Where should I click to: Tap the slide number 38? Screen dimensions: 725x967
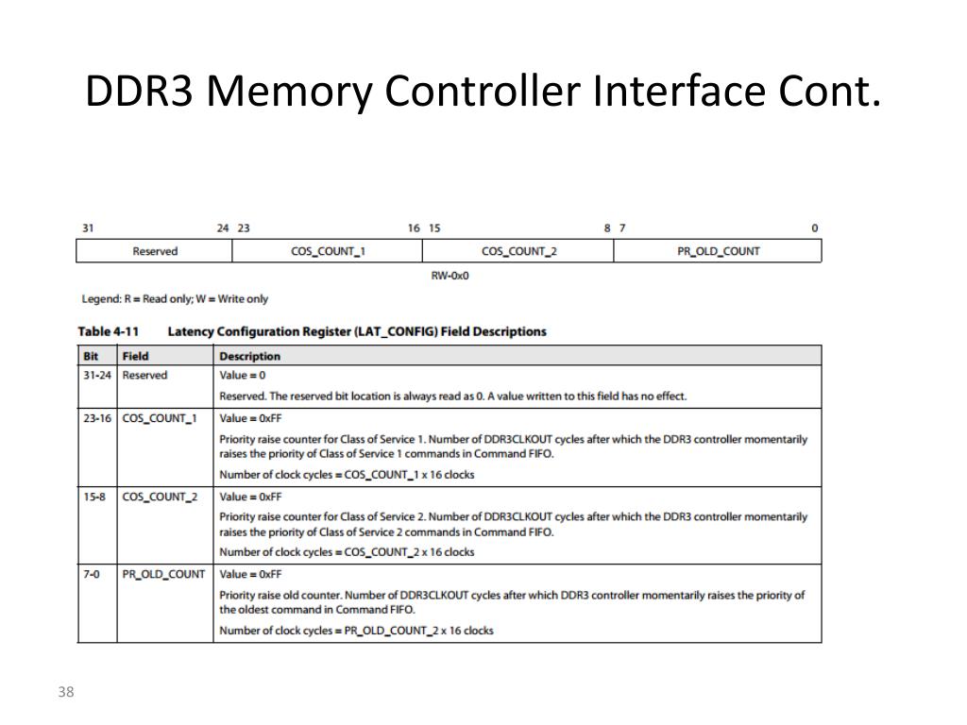pos(65,693)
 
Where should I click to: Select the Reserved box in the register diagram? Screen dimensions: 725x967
pos(155,251)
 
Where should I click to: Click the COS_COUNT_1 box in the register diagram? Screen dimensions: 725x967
pos(328,251)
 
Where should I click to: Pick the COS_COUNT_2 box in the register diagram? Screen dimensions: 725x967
pos(518,251)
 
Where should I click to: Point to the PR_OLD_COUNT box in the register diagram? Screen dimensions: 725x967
pos(718,251)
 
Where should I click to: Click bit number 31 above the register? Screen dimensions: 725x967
pos(88,228)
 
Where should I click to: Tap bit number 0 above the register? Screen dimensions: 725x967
pos(815,228)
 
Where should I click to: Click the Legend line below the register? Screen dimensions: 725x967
pos(175,299)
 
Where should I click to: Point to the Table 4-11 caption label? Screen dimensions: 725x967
pos(108,331)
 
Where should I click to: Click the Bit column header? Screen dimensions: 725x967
pos(91,357)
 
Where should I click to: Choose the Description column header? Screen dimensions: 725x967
pos(249,357)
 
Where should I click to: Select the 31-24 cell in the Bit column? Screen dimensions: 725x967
pos(95,376)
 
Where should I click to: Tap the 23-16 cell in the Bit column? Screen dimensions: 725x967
pos(95,418)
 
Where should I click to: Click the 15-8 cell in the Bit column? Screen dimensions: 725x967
pos(93,497)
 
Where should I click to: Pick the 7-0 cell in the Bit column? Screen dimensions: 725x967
pos(91,574)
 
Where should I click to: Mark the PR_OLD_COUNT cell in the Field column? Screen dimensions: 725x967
pos(163,574)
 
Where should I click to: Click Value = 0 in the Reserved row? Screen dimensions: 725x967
pos(243,376)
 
